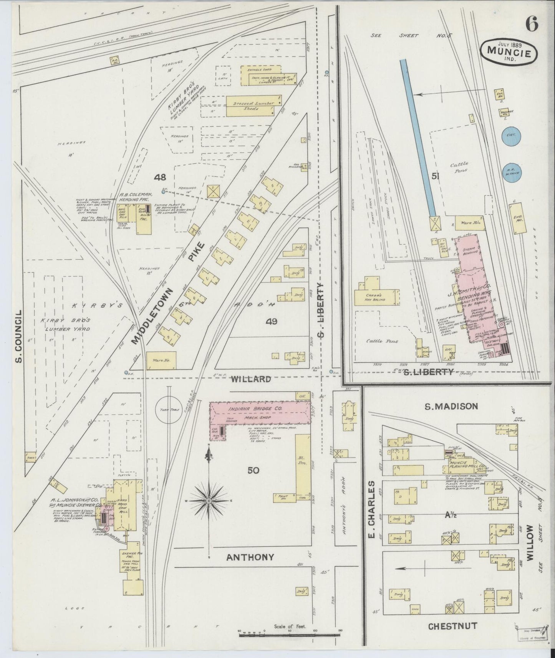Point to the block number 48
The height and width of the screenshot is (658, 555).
[x=160, y=177]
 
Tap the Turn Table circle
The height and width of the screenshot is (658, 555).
[x=168, y=410]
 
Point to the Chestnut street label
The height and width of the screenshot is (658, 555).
[x=453, y=626]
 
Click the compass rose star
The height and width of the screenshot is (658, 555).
[x=209, y=501]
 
